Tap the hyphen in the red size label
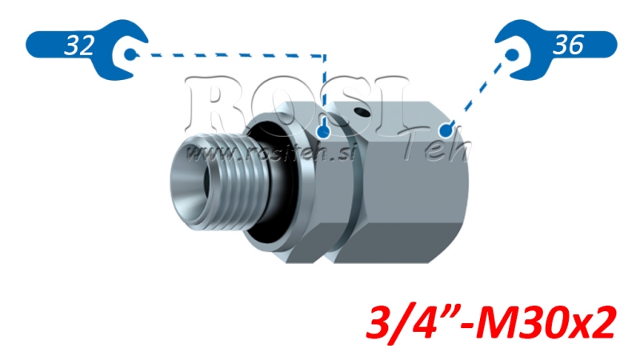465,325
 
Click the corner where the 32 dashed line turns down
325,56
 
